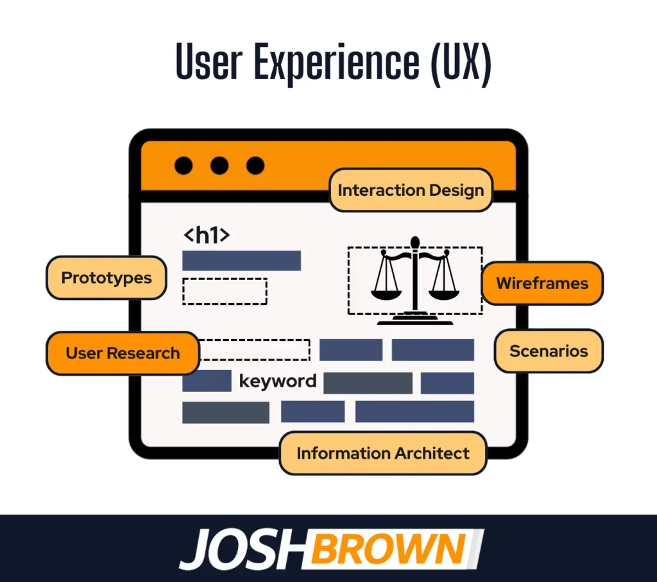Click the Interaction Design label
pos(411,190)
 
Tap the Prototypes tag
pos(107,278)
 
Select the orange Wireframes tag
pos(542,283)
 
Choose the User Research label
pos(123,353)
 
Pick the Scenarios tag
pos(549,351)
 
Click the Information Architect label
pos(383,453)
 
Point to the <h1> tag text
pos(206,235)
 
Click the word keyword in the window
pos(278,381)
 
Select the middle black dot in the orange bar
pos(219,166)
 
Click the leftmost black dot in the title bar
pos(183,166)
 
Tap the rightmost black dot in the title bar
pos(255,166)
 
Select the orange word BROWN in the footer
pos(391,550)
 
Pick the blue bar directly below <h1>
pos(241,260)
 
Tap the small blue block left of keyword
pos(207,381)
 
